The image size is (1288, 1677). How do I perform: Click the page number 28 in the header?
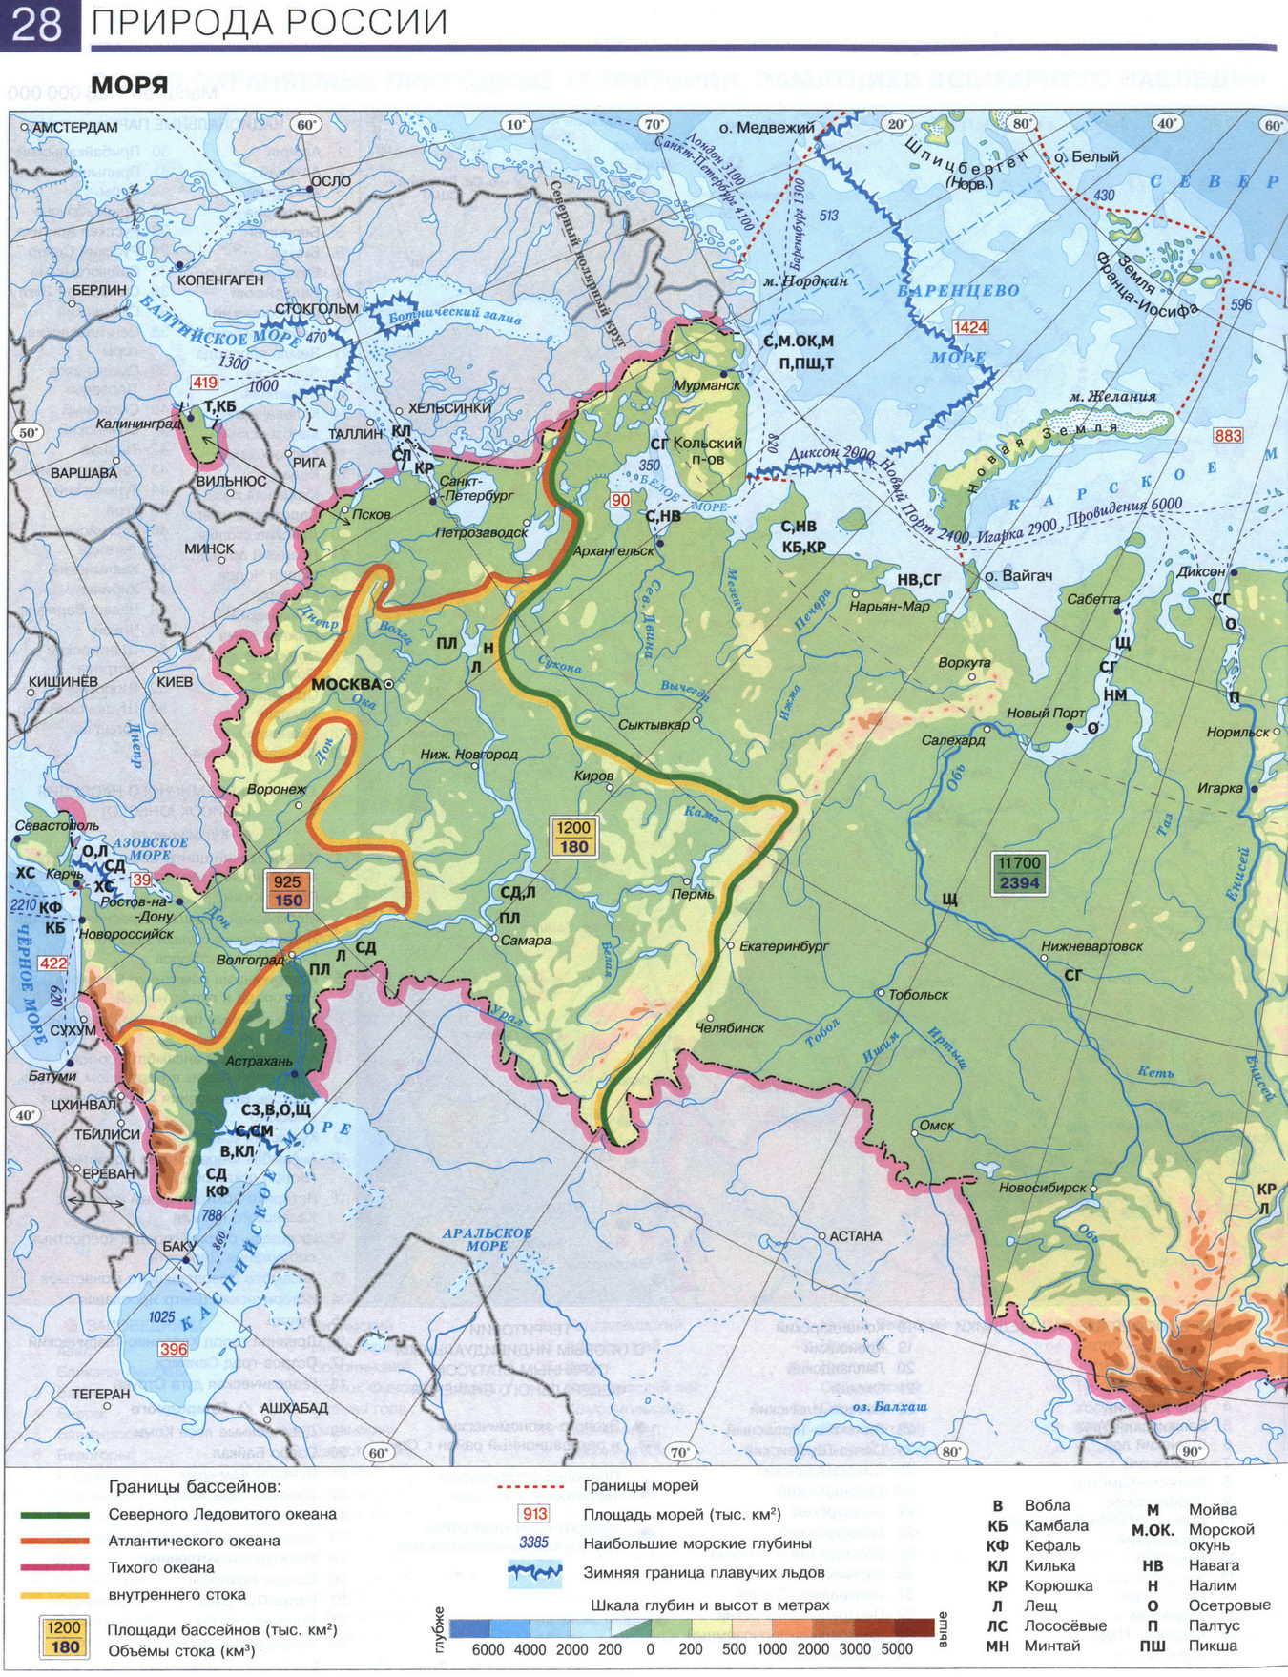click(36, 24)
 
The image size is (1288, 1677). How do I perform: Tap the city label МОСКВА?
click(346, 684)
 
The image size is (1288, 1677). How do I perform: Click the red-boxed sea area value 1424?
click(970, 327)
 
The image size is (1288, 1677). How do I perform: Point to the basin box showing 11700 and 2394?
click(1019, 873)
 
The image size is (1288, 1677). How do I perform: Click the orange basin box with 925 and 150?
click(287, 891)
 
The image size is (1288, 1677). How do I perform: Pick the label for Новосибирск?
click(1043, 1188)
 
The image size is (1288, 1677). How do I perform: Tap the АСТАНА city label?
click(855, 1235)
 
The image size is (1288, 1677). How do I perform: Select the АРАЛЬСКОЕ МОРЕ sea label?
click(487, 1239)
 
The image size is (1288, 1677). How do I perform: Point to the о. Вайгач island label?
click(1018, 576)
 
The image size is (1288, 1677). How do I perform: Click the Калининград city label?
click(138, 424)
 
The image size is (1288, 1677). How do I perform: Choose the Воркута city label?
click(964, 662)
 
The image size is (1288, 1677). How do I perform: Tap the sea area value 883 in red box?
click(1228, 435)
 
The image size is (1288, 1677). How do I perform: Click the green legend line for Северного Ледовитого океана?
click(55, 1514)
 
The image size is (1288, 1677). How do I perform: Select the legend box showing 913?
click(534, 1514)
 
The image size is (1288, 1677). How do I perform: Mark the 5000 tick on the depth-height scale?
click(898, 1649)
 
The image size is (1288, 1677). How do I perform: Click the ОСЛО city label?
click(330, 181)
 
